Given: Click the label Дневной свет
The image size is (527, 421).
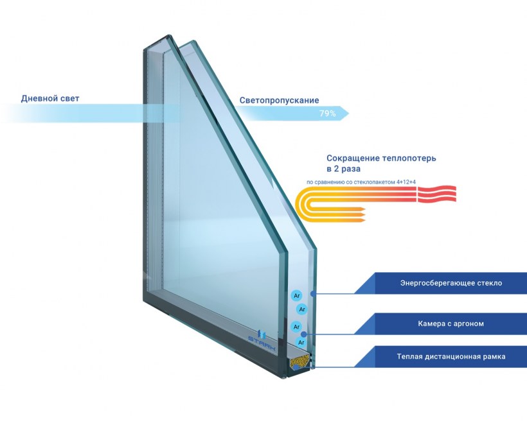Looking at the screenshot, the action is pyautogui.click(x=50, y=99).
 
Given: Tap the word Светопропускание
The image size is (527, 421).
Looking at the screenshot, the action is pyautogui.click(x=280, y=100).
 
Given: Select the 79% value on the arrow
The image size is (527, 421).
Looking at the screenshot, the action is pyautogui.click(x=327, y=114).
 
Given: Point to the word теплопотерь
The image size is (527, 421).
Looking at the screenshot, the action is pyautogui.click(x=408, y=158).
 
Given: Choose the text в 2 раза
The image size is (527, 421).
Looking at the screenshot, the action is pyautogui.click(x=343, y=169).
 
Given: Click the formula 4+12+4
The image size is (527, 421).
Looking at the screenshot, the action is pyautogui.click(x=406, y=182).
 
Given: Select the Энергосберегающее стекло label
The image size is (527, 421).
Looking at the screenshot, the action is pyautogui.click(x=451, y=283).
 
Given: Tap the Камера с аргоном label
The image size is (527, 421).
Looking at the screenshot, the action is pyautogui.click(x=451, y=324).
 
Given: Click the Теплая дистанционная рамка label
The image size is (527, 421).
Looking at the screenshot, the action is pyautogui.click(x=451, y=357).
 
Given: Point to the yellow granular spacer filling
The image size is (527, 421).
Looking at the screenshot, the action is pyautogui.click(x=298, y=362).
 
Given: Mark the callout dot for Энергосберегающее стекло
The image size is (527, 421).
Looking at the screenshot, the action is pyautogui.click(x=313, y=294).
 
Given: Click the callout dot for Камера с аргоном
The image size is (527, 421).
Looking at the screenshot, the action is pyautogui.click(x=304, y=334).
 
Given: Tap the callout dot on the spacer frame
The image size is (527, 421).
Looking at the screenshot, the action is pyautogui.click(x=296, y=367).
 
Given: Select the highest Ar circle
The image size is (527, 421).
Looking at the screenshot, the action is pyautogui.click(x=296, y=296).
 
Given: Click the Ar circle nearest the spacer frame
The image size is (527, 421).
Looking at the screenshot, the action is pyautogui.click(x=301, y=343).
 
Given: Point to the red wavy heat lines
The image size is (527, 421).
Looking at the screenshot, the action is pyautogui.click(x=436, y=194).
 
